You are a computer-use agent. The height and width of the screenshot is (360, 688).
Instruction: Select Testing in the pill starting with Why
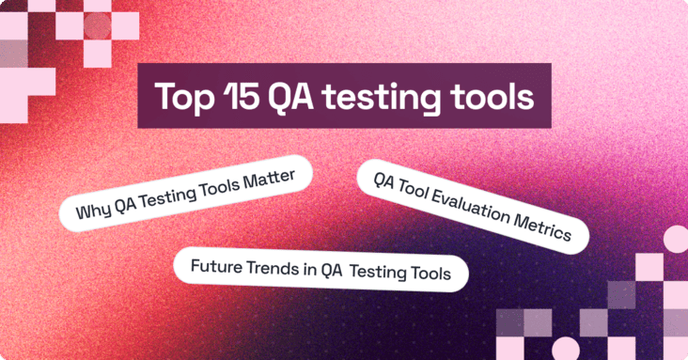[x=175, y=194]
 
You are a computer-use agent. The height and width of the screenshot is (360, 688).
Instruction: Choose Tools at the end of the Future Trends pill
[x=433, y=273]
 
